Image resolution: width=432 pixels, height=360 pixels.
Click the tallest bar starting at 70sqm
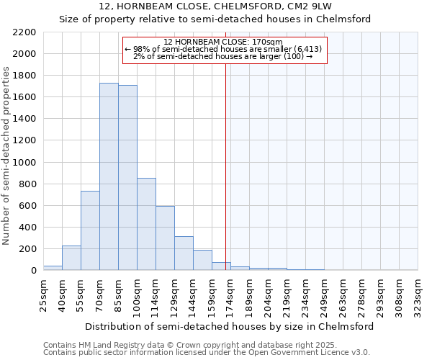[x=109, y=176]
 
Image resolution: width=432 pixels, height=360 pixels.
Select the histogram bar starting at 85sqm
[x=127, y=178]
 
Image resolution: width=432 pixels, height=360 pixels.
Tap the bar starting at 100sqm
[x=146, y=224]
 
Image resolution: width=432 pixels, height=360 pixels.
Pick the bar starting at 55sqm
[x=90, y=230]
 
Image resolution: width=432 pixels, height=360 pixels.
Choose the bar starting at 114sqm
[x=165, y=238]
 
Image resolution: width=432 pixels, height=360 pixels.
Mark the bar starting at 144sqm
[x=202, y=260]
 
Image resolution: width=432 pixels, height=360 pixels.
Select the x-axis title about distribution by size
[x=230, y=326]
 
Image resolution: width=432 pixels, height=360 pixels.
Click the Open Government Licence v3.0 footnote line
[x=207, y=353]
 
